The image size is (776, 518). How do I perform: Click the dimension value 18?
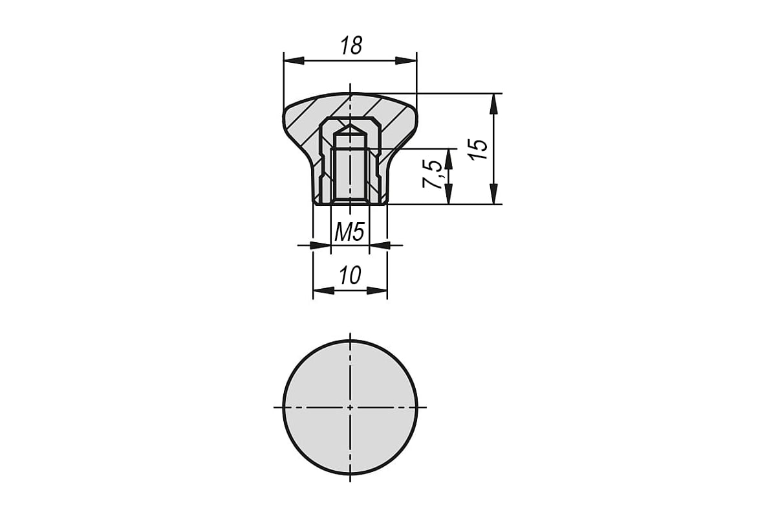(351, 45)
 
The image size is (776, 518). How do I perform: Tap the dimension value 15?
(479, 149)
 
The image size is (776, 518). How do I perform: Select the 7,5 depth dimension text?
(433, 174)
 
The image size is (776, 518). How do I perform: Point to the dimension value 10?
(350, 275)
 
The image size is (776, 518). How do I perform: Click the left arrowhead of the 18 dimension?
(294, 61)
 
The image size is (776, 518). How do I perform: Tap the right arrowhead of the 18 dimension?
(406, 61)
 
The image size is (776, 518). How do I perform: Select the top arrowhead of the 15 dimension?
(494, 104)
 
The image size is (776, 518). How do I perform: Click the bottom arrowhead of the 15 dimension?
(494, 194)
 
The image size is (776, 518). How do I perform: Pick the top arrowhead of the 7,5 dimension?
(449, 159)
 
